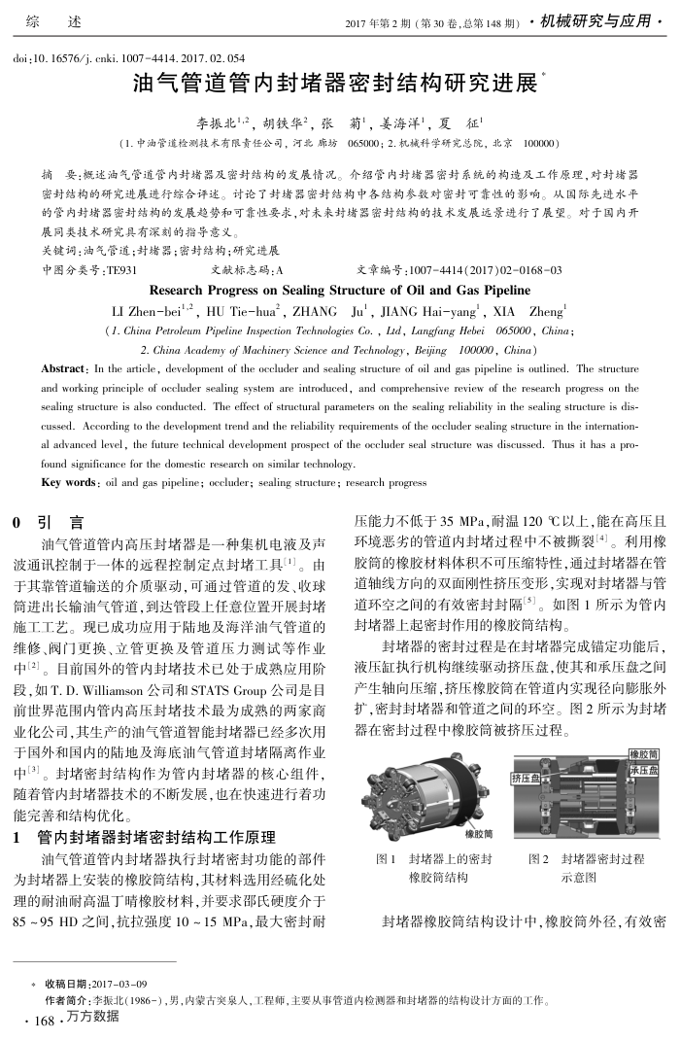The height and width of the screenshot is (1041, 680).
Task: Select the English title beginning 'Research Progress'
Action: [x=340, y=290]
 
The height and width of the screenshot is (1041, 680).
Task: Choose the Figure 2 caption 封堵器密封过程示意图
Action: [x=587, y=867]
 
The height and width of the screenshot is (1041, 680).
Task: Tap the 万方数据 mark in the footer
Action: [x=93, y=1017]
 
